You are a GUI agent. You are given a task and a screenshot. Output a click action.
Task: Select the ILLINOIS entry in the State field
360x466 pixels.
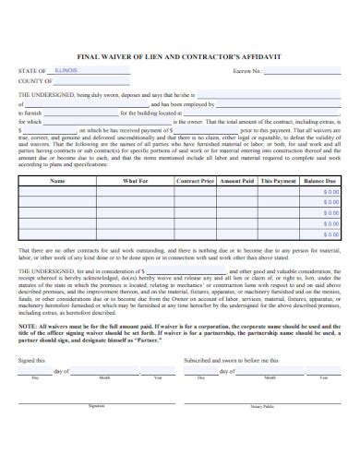(x=66, y=69)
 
